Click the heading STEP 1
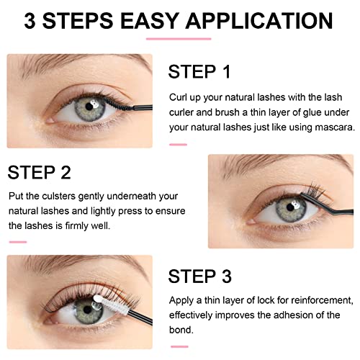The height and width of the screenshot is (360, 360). coord(199,72)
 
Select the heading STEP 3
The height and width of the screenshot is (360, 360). coord(199,276)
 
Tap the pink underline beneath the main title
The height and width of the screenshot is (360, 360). coord(179,38)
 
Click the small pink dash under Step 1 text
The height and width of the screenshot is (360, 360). coord(178,144)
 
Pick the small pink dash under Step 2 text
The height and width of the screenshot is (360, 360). coord(17,241)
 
